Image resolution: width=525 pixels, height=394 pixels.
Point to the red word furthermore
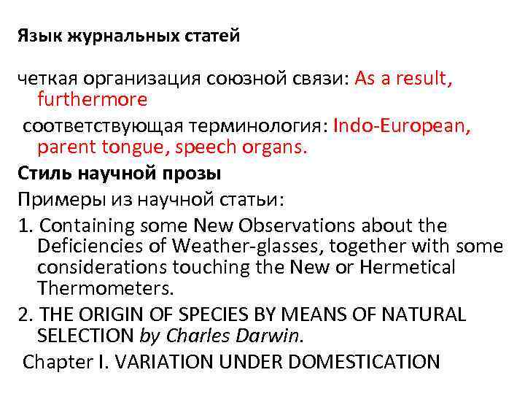[x=93, y=98]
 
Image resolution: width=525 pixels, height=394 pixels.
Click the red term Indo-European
[x=401, y=126]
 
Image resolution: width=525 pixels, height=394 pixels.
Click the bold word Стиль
[x=47, y=174]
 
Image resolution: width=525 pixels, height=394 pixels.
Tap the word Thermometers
[x=106, y=287]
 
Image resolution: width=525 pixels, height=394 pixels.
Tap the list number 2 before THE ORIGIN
[x=23, y=314]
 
